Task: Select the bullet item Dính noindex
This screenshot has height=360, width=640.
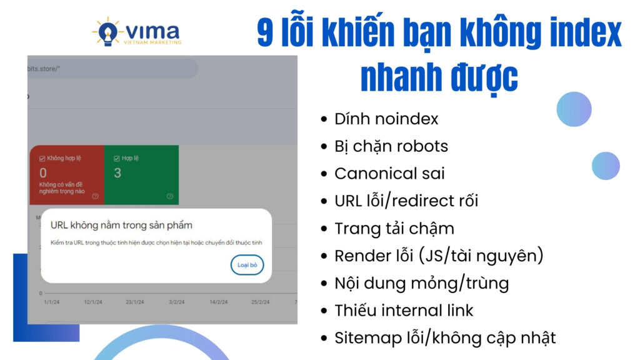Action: (386, 119)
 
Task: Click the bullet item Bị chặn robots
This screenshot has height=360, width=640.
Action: (391, 146)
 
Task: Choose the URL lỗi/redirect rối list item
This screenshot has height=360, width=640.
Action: (406, 201)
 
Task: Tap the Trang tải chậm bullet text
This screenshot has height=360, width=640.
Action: (394, 228)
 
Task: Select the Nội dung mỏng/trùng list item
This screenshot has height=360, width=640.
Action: (421, 283)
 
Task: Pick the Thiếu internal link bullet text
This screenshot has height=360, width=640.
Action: (404, 310)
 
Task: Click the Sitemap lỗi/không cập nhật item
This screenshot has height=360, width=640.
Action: (444, 338)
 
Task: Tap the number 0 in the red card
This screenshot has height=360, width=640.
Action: (43, 172)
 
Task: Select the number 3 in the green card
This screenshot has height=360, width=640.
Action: (117, 172)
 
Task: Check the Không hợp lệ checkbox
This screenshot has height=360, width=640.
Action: (42, 158)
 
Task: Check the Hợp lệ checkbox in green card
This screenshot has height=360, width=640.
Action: (109, 158)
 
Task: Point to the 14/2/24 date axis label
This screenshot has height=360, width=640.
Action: (219, 302)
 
